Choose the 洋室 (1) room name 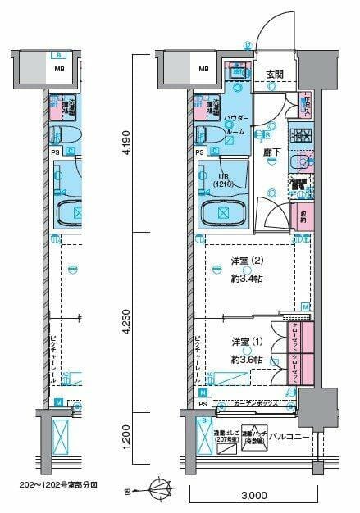click(245, 341)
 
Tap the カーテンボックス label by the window click(255, 403)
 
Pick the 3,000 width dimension click(253, 496)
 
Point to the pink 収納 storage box click(301, 216)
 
